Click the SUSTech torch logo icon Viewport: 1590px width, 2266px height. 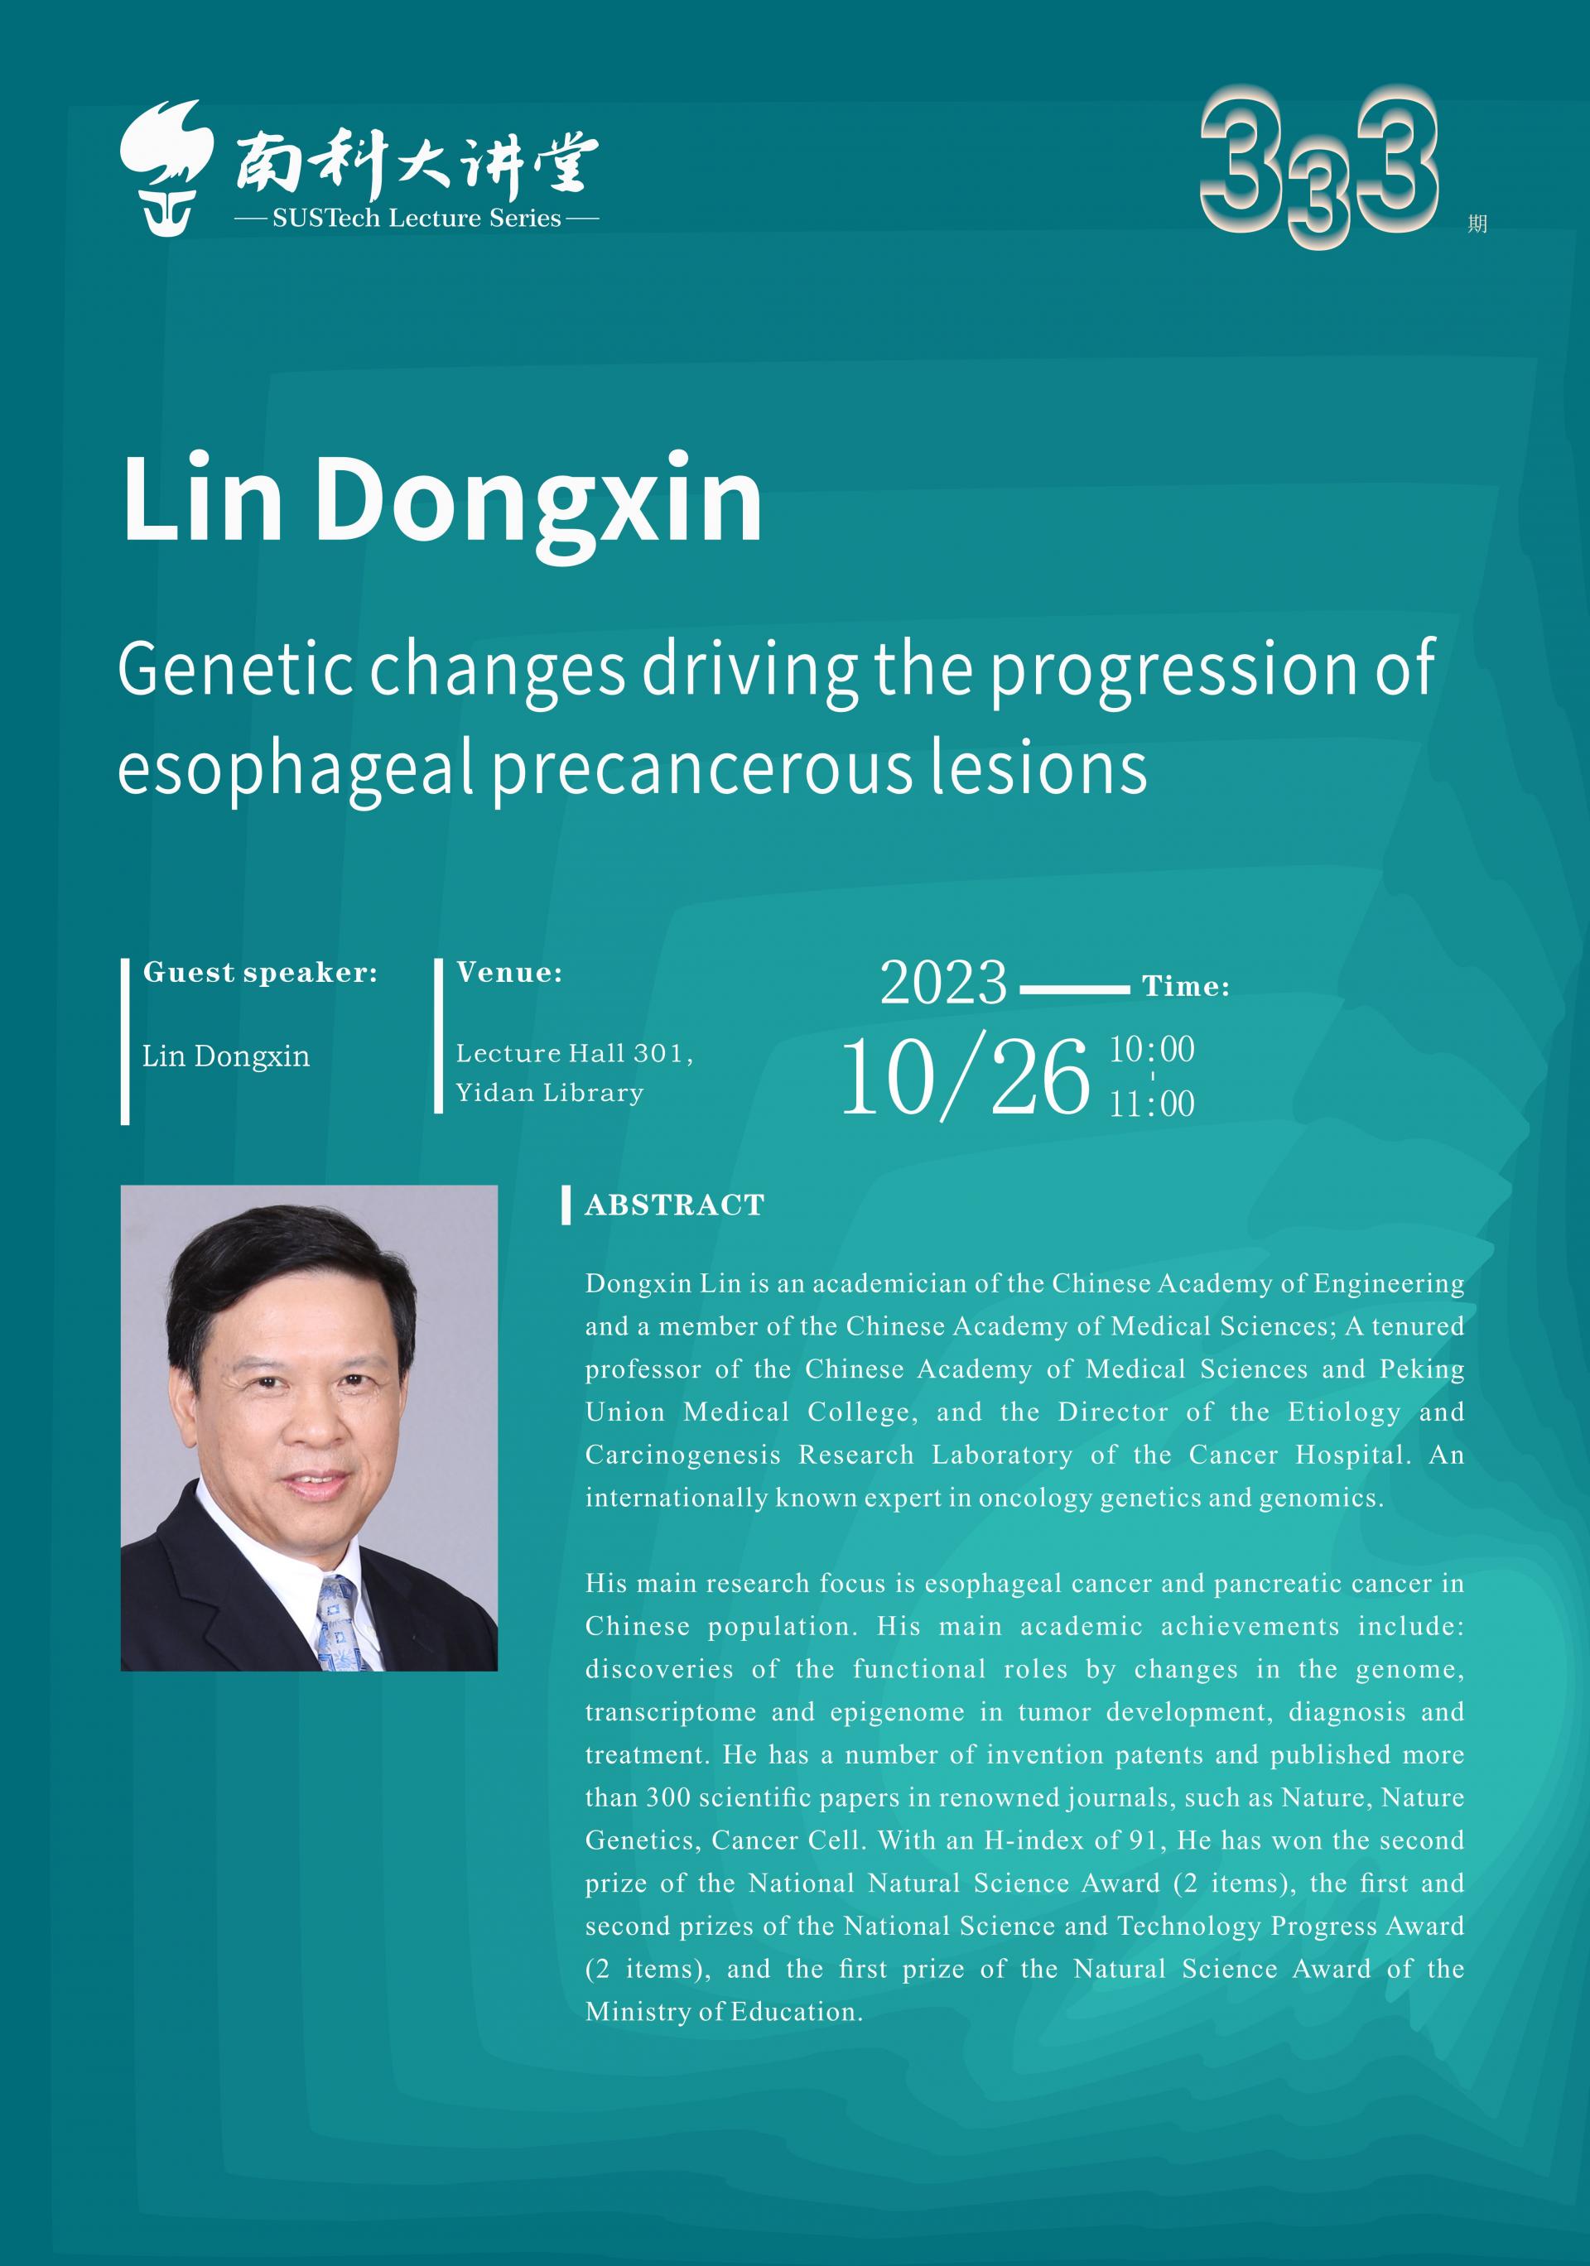[x=166, y=168]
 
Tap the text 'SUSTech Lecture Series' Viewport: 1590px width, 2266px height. [x=417, y=218]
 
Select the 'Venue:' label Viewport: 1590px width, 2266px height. [x=509, y=973]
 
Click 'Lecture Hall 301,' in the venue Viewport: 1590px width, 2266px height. [x=575, y=1054]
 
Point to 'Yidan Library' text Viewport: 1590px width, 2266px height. [x=550, y=1093]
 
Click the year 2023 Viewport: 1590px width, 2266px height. [x=943, y=983]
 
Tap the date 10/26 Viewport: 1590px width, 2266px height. [x=964, y=1077]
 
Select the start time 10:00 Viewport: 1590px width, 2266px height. [x=1152, y=1049]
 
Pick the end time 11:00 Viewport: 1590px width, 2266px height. [x=1152, y=1104]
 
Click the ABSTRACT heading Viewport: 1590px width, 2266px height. [x=675, y=1205]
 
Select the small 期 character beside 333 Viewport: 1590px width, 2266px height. [x=1477, y=224]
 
